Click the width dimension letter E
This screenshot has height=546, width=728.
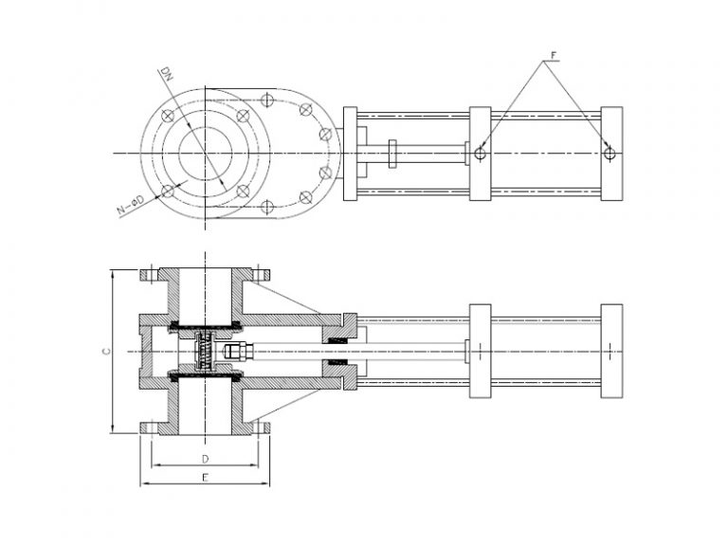pos(205,480)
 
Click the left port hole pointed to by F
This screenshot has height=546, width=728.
pos(481,153)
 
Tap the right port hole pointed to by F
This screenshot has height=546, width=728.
pos(610,153)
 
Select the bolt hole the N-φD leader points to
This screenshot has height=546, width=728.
pos(168,191)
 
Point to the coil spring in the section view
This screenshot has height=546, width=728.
pos(205,352)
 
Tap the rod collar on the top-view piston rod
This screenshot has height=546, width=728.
pos(391,153)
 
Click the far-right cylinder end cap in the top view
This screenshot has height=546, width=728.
pos(611,153)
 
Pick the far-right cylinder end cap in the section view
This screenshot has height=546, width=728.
pos(611,351)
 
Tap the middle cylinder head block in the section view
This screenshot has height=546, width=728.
pos(481,351)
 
